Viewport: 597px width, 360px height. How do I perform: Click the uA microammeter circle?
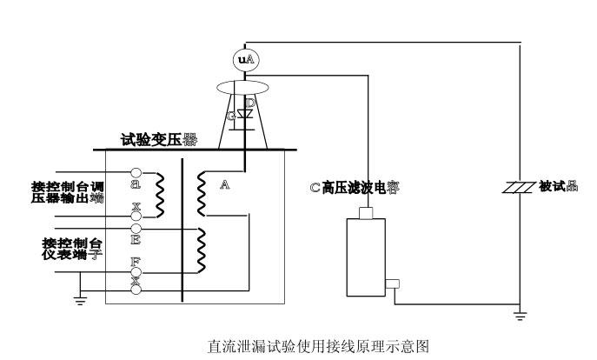point(246,59)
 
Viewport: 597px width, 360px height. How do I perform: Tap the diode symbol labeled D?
point(247,115)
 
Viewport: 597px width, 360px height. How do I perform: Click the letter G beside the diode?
point(231,116)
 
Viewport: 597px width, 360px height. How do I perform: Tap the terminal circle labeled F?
point(136,259)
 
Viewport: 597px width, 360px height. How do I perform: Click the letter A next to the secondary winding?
point(225,185)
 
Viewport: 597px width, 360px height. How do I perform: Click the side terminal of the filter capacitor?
point(392,283)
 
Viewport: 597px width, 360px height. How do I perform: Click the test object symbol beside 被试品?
point(519,187)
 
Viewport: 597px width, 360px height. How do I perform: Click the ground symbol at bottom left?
point(80,299)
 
